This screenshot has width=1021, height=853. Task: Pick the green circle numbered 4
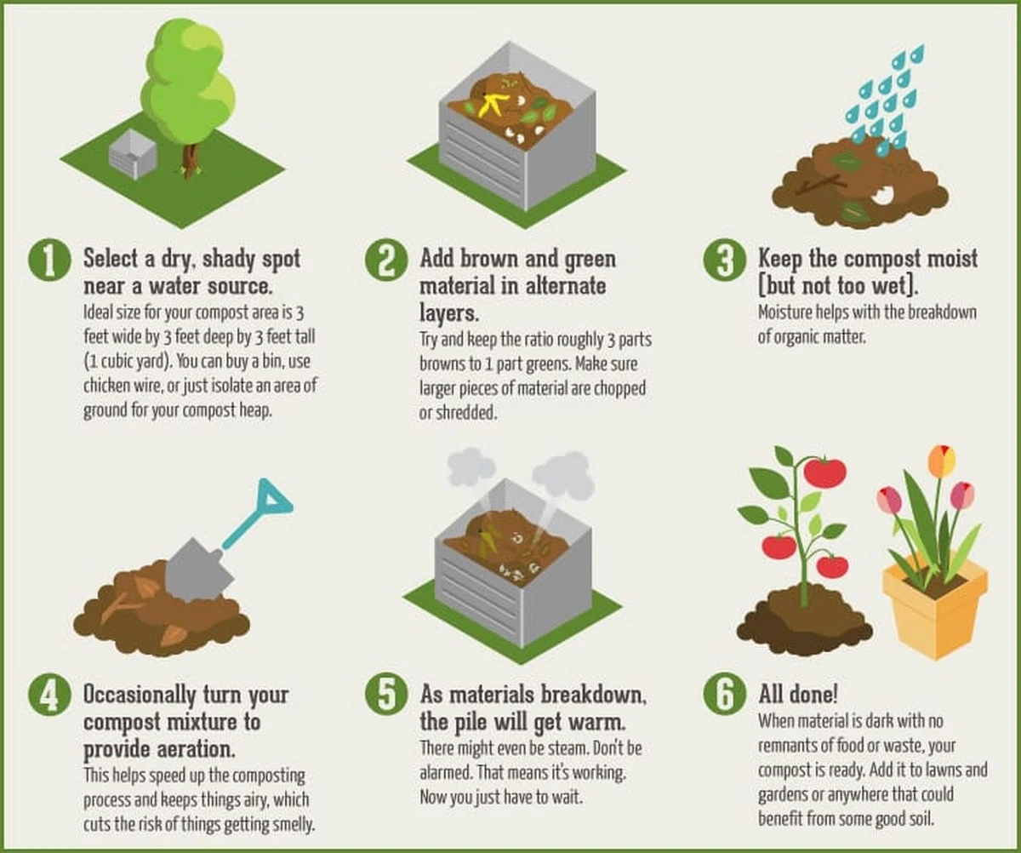[x=48, y=696]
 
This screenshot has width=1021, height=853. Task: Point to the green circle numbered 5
[x=386, y=696]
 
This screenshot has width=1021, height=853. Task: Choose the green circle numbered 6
[x=725, y=696]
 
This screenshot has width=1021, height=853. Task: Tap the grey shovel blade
[x=197, y=570]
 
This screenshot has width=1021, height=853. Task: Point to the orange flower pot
[x=935, y=610]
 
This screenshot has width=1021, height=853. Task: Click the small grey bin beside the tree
[x=133, y=154]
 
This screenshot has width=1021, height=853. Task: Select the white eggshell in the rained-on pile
[x=883, y=195]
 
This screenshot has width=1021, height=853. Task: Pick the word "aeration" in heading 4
[x=194, y=749]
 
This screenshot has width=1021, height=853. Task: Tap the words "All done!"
[x=798, y=694]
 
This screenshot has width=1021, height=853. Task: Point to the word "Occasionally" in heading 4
[x=140, y=696]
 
